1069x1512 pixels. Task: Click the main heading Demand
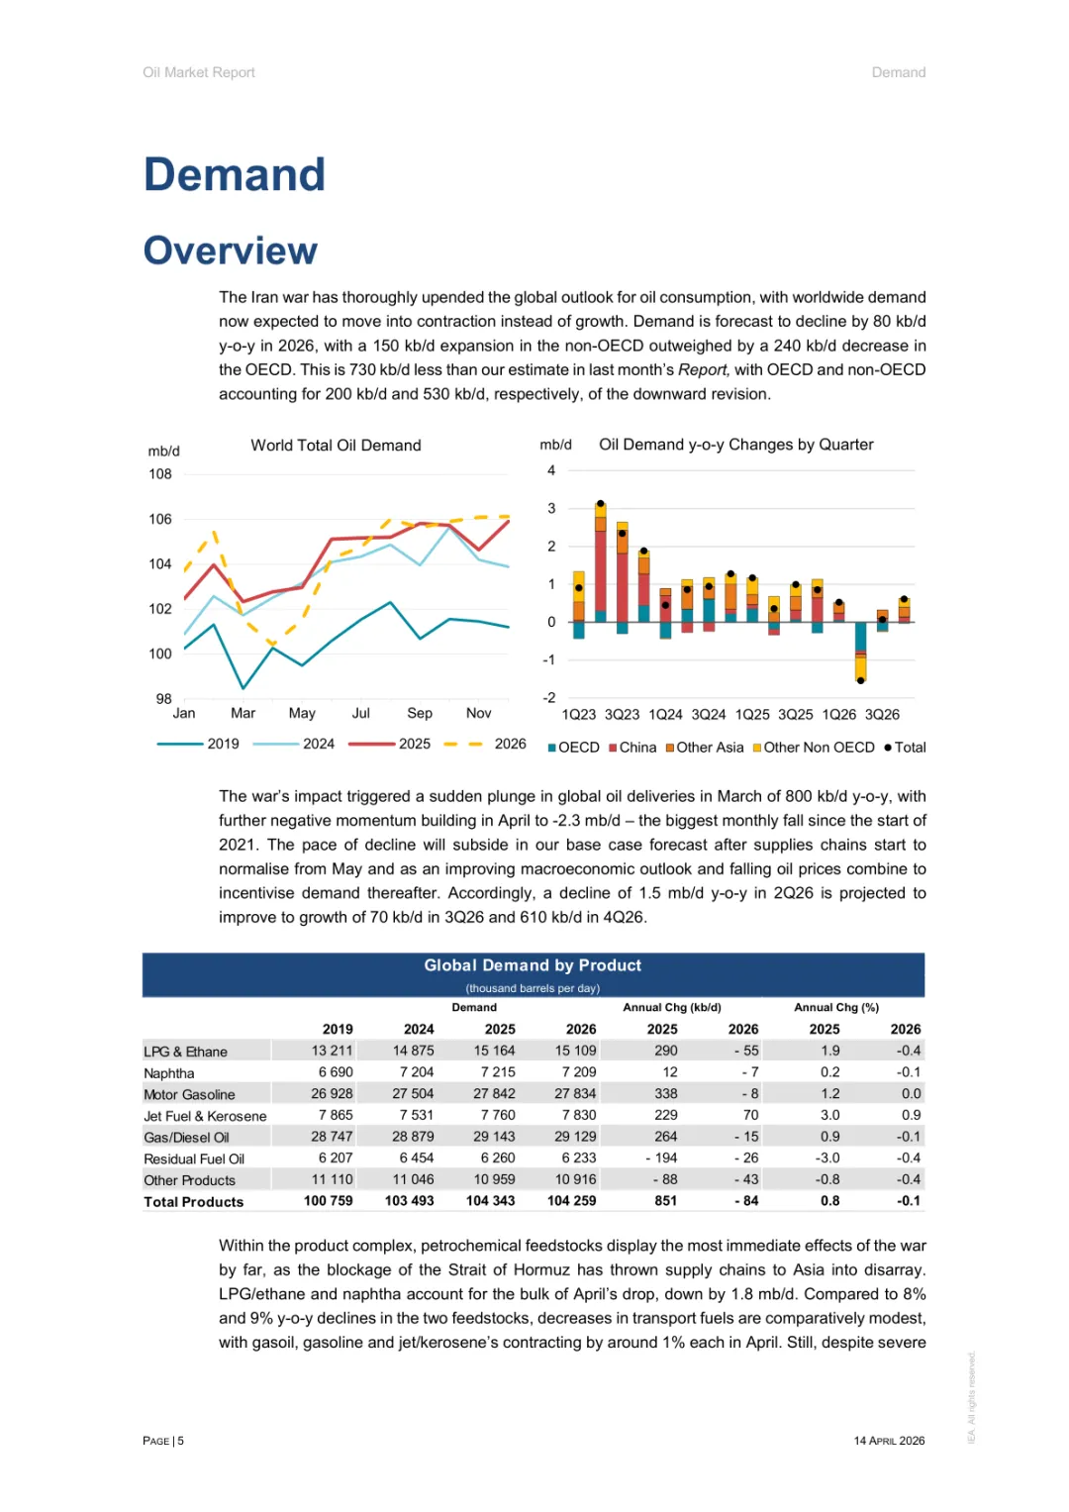[x=235, y=175]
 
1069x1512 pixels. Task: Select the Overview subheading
[x=231, y=251]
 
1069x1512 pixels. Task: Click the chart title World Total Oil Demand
[x=336, y=446]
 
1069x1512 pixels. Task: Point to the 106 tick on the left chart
[x=160, y=519]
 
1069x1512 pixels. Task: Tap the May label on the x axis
[x=302, y=713]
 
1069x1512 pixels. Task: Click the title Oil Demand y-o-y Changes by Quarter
[x=735, y=445]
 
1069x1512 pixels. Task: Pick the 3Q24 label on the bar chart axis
[x=709, y=714]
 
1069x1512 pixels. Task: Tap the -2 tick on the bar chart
[x=549, y=698]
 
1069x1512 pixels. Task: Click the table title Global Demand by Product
[x=533, y=965]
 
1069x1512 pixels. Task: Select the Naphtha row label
[x=169, y=1073]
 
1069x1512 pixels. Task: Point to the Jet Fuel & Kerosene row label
[x=205, y=1116]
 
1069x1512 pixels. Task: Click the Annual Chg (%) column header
[x=836, y=1007]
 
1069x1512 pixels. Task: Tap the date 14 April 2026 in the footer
[x=889, y=1441]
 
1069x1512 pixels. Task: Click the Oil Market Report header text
[x=199, y=72]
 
